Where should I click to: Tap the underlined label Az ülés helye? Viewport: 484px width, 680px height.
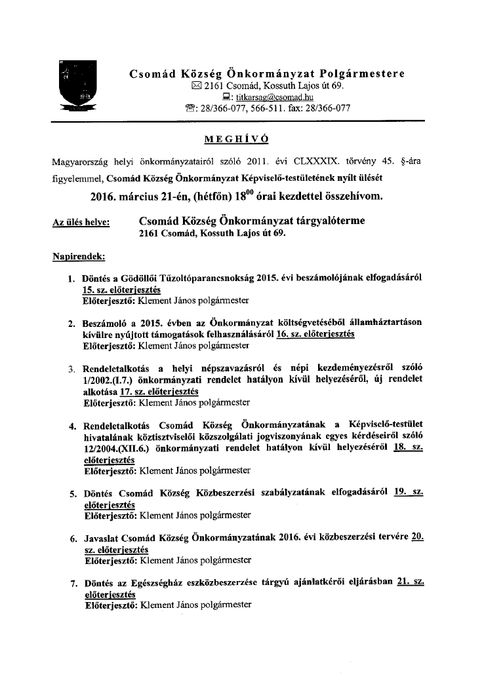click(81, 223)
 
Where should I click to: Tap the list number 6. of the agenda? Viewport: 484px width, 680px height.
click(74, 538)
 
